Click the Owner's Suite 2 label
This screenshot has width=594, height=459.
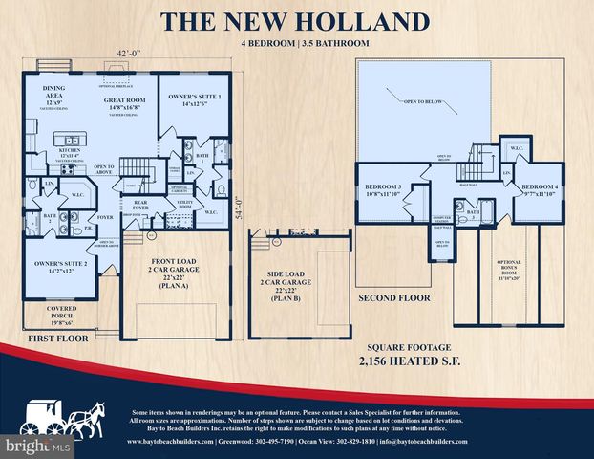[61, 264]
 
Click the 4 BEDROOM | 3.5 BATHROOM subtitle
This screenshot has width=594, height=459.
[296, 44]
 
